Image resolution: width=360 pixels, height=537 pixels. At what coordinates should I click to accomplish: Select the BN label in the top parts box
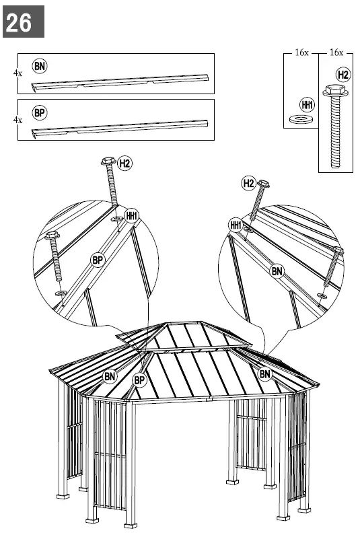[40, 65]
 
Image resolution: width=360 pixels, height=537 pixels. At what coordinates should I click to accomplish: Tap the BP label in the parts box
[40, 112]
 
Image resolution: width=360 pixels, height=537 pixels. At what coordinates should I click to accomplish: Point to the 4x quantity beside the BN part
[17, 72]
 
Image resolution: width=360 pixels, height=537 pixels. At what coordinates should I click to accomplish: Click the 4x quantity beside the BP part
[17, 119]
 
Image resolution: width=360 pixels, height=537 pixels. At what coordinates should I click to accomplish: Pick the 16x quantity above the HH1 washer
[301, 52]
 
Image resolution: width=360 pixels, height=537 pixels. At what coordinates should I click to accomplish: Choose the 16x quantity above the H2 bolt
[336, 52]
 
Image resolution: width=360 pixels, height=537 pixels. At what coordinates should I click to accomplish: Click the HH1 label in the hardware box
[308, 105]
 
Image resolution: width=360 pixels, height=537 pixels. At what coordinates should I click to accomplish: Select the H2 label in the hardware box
[343, 74]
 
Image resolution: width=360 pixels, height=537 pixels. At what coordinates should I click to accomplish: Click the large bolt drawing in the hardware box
[335, 128]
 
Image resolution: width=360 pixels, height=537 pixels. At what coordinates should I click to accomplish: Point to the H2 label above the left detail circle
[125, 162]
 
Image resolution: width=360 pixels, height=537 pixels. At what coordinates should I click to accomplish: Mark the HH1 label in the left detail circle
[131, 215]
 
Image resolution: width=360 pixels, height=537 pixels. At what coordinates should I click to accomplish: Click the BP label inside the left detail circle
[98, 258]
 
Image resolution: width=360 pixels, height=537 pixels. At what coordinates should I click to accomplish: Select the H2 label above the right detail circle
[248, 183]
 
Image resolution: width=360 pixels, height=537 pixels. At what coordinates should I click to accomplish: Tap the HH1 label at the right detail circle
[236, 225]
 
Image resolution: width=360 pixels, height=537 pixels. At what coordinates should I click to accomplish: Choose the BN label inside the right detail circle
[277, 271]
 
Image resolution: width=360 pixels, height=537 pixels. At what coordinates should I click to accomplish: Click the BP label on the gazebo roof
[139, 380]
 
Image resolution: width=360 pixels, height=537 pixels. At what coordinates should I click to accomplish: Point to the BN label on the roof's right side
[264, 373]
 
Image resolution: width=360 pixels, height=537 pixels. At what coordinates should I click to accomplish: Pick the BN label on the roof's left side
[110, 376]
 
